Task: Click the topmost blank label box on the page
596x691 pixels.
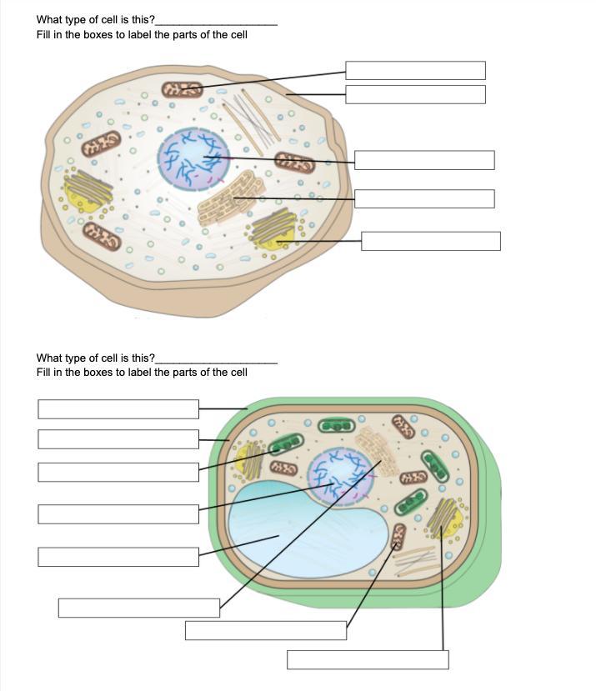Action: pos(415,70)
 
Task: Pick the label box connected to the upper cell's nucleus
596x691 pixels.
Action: pos(423,159)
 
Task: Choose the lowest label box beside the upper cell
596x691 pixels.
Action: pos(430,241)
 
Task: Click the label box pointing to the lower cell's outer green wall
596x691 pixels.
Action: pos(118,408)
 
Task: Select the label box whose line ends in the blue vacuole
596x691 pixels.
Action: pos(118,555)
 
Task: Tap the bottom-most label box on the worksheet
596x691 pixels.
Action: pos(368,659)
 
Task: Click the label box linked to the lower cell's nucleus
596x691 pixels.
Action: pos(118,513)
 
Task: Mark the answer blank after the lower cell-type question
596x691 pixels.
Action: pos(216,359)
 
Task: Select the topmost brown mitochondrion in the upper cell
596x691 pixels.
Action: pos(182,88)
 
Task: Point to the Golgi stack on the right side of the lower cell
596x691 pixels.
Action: pos(443,518)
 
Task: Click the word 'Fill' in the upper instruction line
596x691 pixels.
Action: pos(44,34)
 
